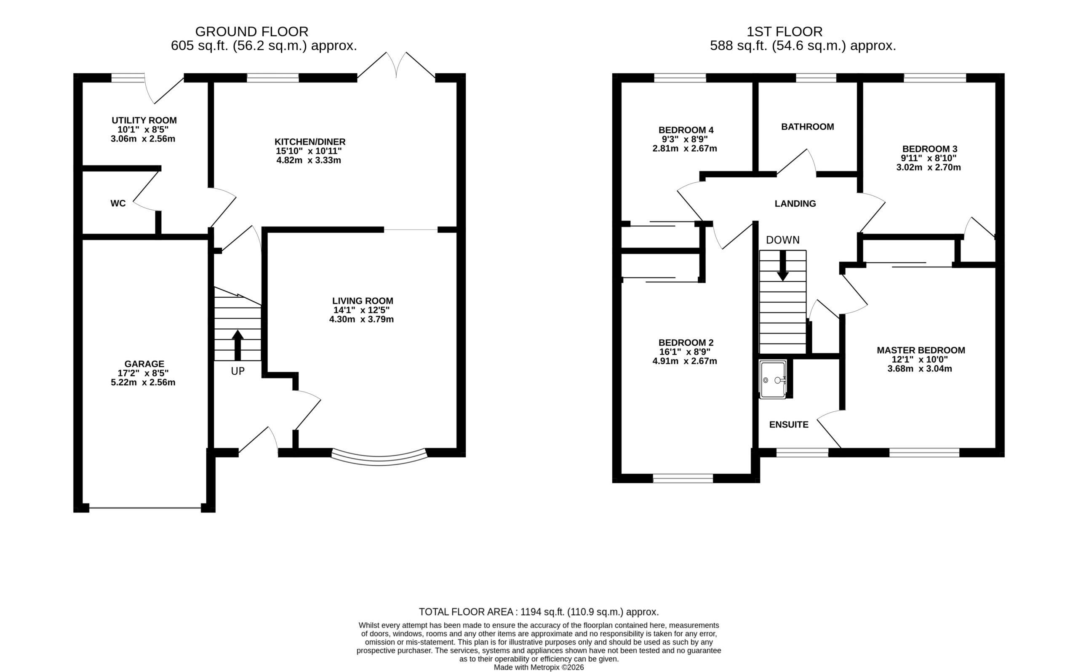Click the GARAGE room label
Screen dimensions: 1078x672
[144, 363]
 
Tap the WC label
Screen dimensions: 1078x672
[118, 203]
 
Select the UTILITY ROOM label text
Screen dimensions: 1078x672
[144, 120]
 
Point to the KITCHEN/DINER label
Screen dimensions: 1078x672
[310, 142]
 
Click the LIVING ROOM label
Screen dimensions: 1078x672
[363, 301]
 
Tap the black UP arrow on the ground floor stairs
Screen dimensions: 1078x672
[238, 345]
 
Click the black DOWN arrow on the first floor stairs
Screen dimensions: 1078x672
[782, 266]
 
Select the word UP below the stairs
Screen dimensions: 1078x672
[238, 371]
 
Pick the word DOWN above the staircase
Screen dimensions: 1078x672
[782, 240]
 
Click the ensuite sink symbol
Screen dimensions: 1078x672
[773, 379]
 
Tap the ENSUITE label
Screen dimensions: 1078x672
[789, 424]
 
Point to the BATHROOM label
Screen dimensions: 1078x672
[807, 127]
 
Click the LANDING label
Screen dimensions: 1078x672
[795, 203]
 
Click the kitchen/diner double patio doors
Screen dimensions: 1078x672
[396, 66]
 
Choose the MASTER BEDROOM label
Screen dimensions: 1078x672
[921, 350]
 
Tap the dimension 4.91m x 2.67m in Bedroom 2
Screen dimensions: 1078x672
[684, 361]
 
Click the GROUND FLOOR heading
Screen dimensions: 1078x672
[251, 32]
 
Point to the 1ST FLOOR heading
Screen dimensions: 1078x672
[784, 32]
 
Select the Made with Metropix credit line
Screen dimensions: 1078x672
[539, 667]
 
